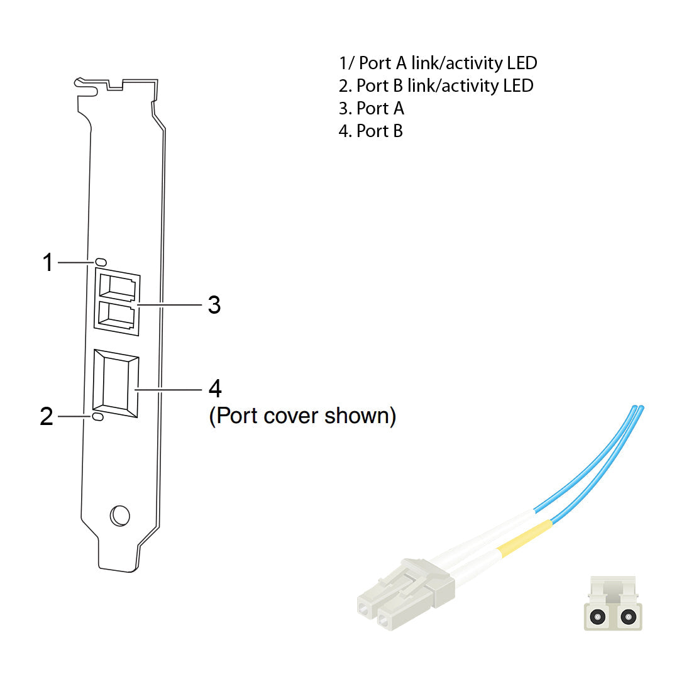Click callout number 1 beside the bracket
[x=48, y=263]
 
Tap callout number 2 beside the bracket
[x=47, y=417]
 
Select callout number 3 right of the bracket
[x=214, y=306]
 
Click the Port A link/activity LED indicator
[x=101, y=262]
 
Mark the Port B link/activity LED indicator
[x=98, y=417]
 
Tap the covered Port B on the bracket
[x=115, y=384]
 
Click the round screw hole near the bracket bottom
[x=119, y=516]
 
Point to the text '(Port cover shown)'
[x=302, y=416]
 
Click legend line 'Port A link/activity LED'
[x=438, y=63]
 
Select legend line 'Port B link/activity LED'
[x=436, y=86]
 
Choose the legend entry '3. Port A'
[x=372, y=108]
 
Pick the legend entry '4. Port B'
[x=371, y=131]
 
